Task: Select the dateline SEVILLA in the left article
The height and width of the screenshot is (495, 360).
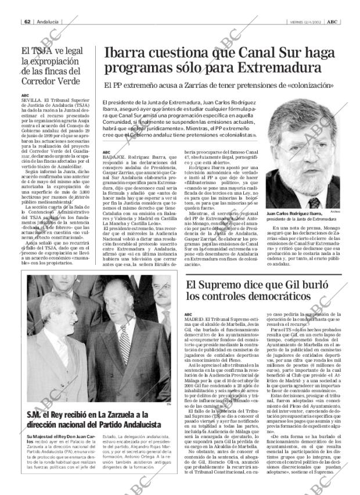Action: pyautogui.click(x=30, y=100)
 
